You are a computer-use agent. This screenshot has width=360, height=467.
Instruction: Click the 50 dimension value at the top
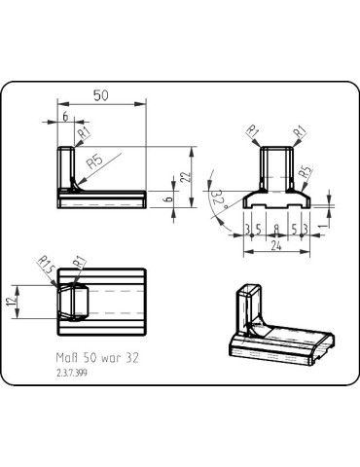pyautogui.click(x=101, y=95)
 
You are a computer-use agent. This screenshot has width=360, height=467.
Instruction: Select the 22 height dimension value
pyautogui.click(x=186, y=176)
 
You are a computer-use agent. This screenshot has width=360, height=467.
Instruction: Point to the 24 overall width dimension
pyautogui.click(x=276, y=246)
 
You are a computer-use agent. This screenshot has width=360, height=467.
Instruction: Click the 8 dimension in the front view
pyautogui.click(x=276, y=230)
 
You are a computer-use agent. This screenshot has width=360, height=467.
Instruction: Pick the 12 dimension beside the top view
pyautogui.click(x=12, y=302)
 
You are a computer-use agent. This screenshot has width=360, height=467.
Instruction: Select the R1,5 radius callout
pyautogui.click(x=46, y=265)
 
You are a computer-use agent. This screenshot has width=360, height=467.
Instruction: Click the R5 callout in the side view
pyautogui.click(x=95, y=162)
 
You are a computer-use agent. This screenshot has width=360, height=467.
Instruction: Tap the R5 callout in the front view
pyautogui.click(x=306, y=172)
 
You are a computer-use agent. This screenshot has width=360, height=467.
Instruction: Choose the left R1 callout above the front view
pyautogui.click(x=252, y=131)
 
